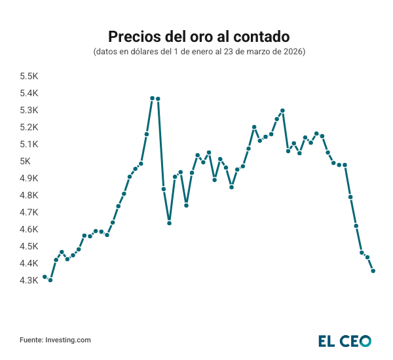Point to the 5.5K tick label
[x=29, y=76]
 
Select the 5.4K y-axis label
[x=29, y=93]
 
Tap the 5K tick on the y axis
[x=26, y=161]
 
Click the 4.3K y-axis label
[x=29, y=280]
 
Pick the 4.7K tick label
[x=29, y=212]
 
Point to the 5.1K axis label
[x=29, y=144]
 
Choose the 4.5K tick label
[x=29, y=246]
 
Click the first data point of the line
[x=45, y=277]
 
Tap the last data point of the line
[x=373, y=271]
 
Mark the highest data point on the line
[x=153, y=98]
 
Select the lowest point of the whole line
[x=50, y=280]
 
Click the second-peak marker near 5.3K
[x=282, y=111]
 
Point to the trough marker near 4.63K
[x=169, y=223]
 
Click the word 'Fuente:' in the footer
[x=31, y=340]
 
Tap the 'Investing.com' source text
[x=68, y=340]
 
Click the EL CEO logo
[x=345, y=340]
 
